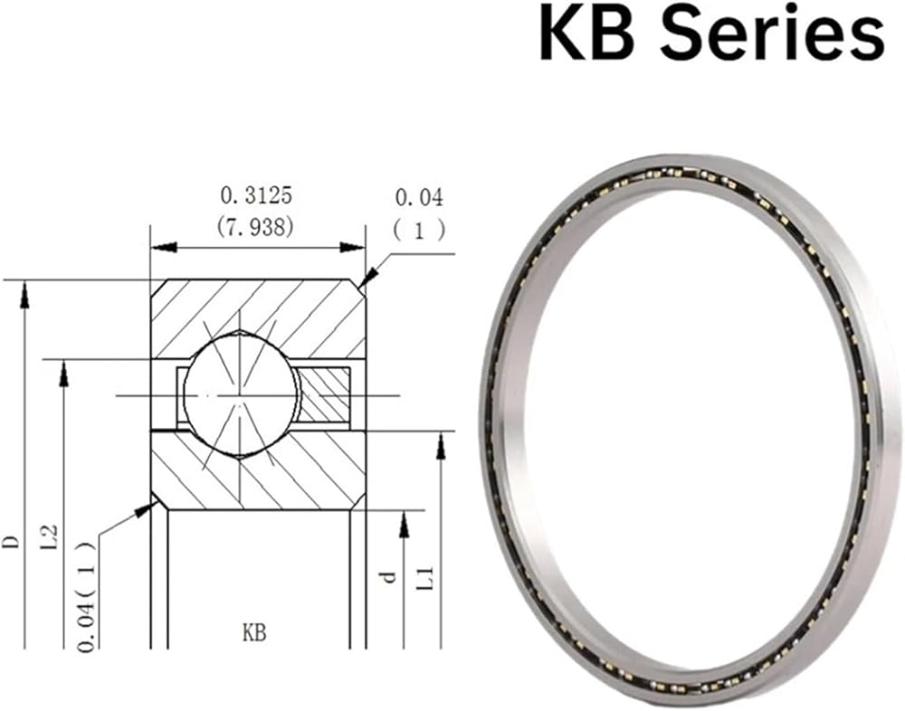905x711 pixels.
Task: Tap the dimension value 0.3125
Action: tap(256, 195)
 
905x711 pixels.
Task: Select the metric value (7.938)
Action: tap(256, 227)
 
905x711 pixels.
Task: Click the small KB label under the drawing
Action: tap(254, 633)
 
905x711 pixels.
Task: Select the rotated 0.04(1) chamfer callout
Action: tap(87, 597)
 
